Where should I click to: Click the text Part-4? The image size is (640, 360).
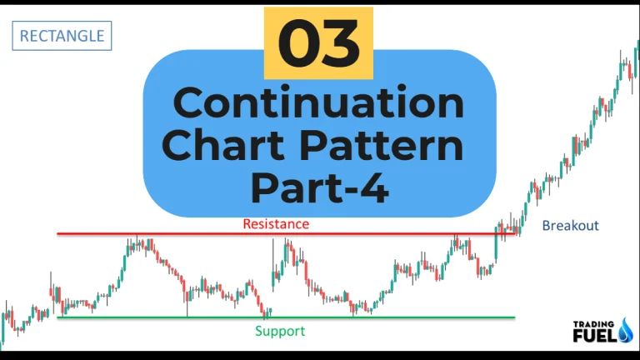[x=319, y=188]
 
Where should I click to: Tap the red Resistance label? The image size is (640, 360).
[x=276, y=224]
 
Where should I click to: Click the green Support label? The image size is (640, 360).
[x=280, y=331]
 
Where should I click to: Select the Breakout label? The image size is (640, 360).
[x=570, y=226]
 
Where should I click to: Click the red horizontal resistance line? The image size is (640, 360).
[x=167, y=234]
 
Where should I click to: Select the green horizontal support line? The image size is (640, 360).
[x=167, y=317]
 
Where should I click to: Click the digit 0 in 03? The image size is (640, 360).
[x=297, y=42]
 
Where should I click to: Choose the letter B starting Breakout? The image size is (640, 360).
[x=547, y=226]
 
